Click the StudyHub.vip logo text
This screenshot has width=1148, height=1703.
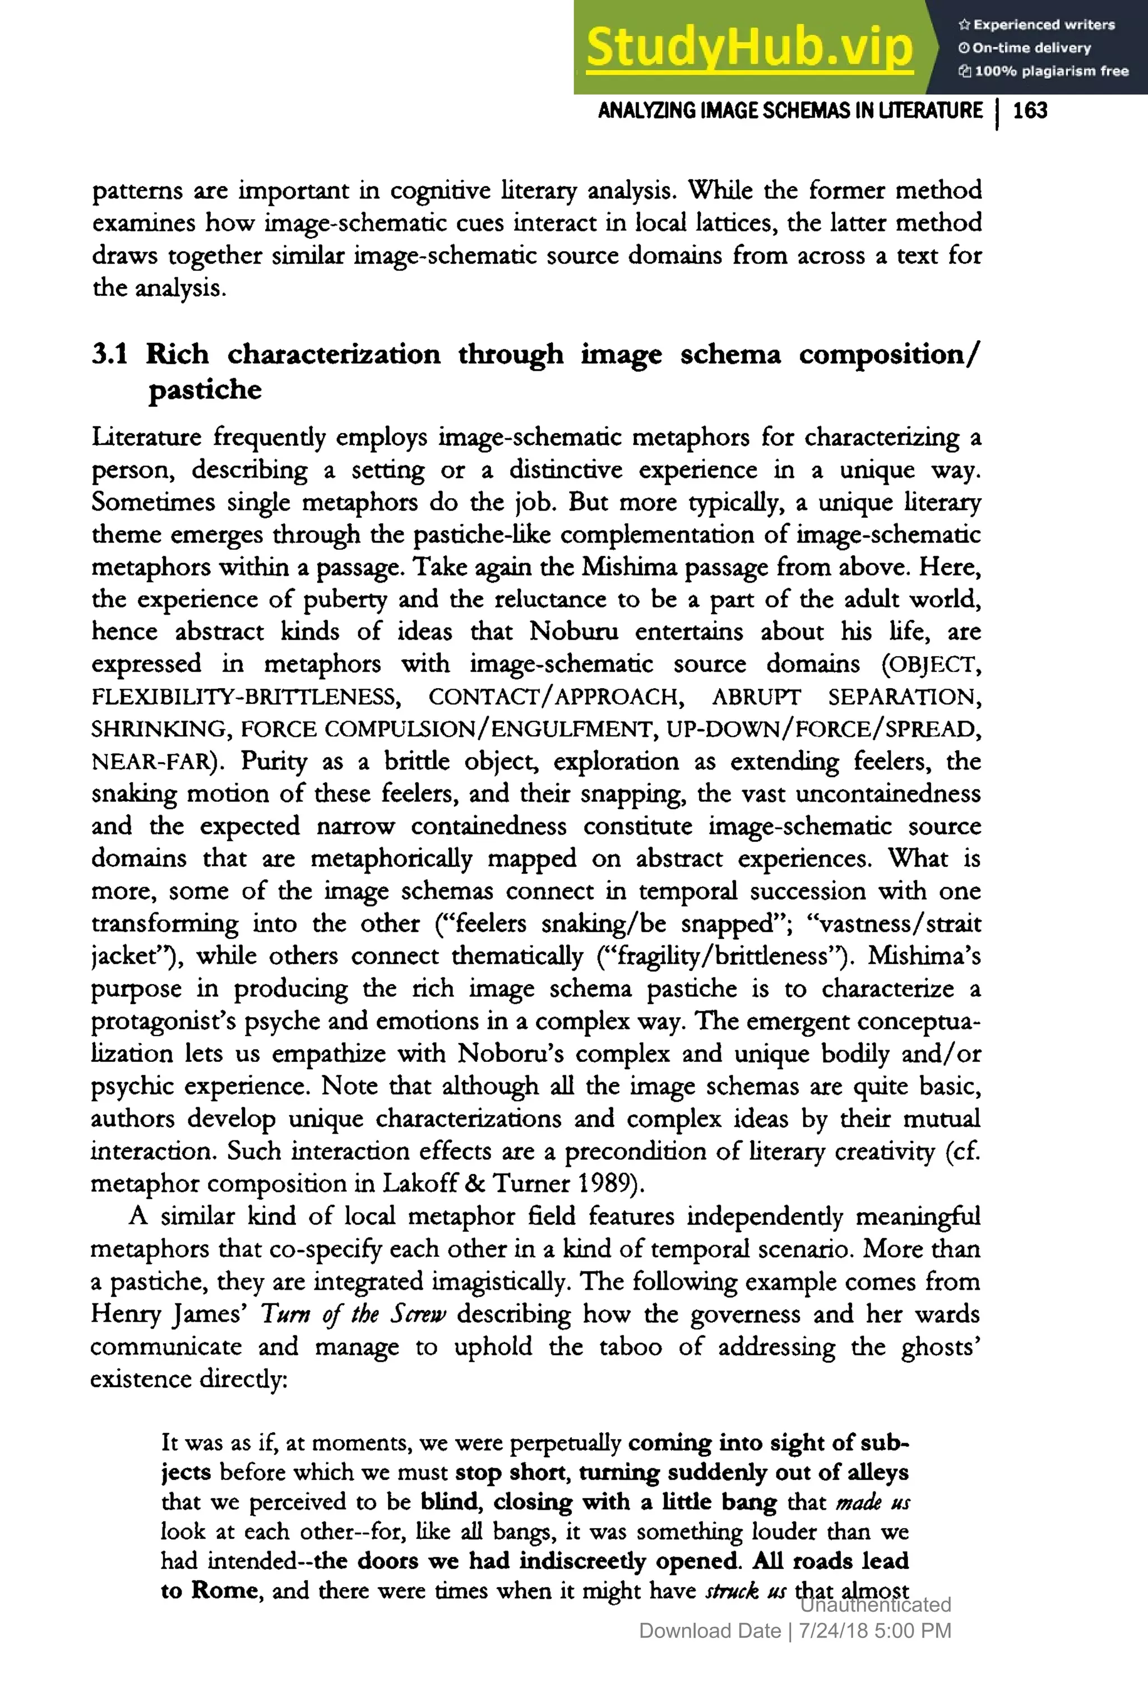coord(749,47)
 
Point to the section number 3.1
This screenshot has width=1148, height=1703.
coord(110,354)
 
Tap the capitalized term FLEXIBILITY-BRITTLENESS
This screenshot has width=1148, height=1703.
coord(246,696)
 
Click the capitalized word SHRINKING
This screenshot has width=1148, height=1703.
coord(159,729)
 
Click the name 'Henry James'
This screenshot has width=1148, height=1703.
coord(169,1314)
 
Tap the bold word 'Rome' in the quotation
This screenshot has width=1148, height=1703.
coord(224,1590)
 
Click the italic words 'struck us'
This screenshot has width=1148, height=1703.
coord(746,1590)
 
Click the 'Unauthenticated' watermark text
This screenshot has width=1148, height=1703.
coord(875,1604)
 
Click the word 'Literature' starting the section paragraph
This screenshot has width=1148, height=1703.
coord(146,437)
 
